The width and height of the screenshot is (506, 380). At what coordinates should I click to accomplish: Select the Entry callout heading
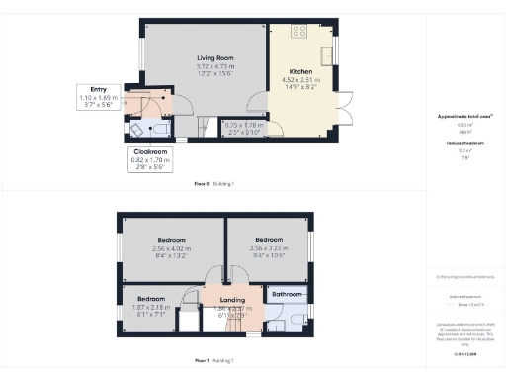tap(99, 90)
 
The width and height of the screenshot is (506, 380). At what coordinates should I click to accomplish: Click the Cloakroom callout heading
tap(149, 152)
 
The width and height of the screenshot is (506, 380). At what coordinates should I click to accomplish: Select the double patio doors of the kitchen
tap(343, 109)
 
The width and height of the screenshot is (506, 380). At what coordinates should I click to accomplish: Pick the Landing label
tap(233, 300)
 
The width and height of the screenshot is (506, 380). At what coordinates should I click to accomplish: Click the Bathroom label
tap(287, 294)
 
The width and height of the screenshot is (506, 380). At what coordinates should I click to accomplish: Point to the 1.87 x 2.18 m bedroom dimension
tap(150, 307)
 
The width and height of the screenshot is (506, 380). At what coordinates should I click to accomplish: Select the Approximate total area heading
tap(464, 117)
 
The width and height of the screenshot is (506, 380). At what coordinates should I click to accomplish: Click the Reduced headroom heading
tap(464, 142)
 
